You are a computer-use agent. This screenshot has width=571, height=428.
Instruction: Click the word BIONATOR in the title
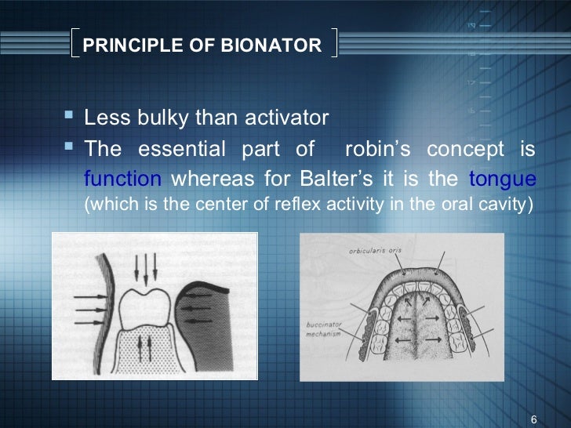[278, 45]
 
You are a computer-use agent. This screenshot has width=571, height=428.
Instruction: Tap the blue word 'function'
[122, 179]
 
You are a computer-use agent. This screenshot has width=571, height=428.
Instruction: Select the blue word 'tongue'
[502, 179]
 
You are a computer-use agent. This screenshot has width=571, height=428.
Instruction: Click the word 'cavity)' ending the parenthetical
[506, 206]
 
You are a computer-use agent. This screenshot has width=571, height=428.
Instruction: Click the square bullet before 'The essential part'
[67, 147]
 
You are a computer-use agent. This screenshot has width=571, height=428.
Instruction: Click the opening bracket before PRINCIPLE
[73, 44]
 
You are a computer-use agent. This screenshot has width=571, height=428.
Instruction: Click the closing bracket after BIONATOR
[333, 44]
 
